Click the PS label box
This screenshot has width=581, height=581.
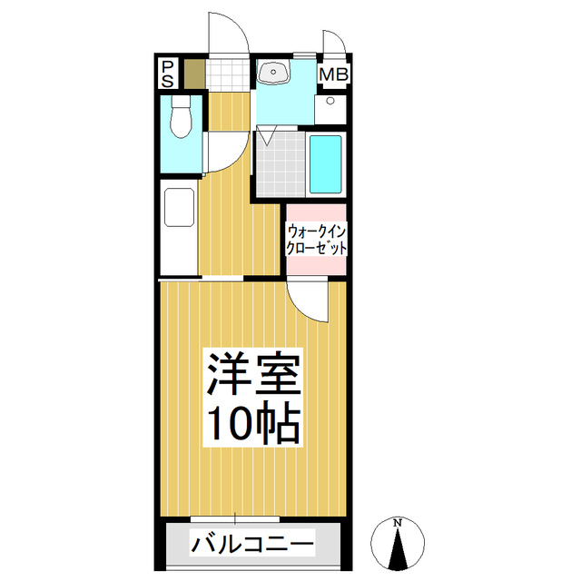click(168, 73)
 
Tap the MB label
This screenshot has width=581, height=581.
click(332, 74)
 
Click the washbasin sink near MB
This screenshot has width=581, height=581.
click(273, 73)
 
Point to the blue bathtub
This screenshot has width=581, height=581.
click(325, 163)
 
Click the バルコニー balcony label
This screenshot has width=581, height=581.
click(252, 546)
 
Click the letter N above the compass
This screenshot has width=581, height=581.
click(398, 523)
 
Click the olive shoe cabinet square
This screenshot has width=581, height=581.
click(194, 73)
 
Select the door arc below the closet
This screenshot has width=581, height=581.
click(307, 300)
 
